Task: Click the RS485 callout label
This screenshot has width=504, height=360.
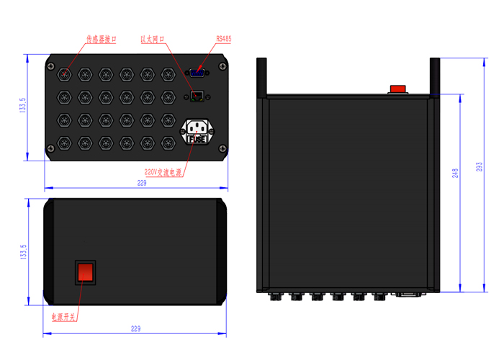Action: click(x=223, y=39)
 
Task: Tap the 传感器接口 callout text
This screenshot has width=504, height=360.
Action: click(x=102, y=39)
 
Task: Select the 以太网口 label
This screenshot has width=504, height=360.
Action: click(x=153, y=39)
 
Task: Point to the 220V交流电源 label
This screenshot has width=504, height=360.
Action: click(x=163, y=172)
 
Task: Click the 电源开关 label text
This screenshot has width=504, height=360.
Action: click(x=63, y=318)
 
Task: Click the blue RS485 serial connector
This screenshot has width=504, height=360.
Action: click(x=197, y=73)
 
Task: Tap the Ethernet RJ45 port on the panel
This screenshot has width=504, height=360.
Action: click(x=197, y=96)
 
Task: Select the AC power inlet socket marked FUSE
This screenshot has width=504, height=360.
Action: click(x=197, y=132)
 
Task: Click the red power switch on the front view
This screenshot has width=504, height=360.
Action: click(x=85, y=273)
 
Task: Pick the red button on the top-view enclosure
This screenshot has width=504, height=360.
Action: click(x=397, y=89)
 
